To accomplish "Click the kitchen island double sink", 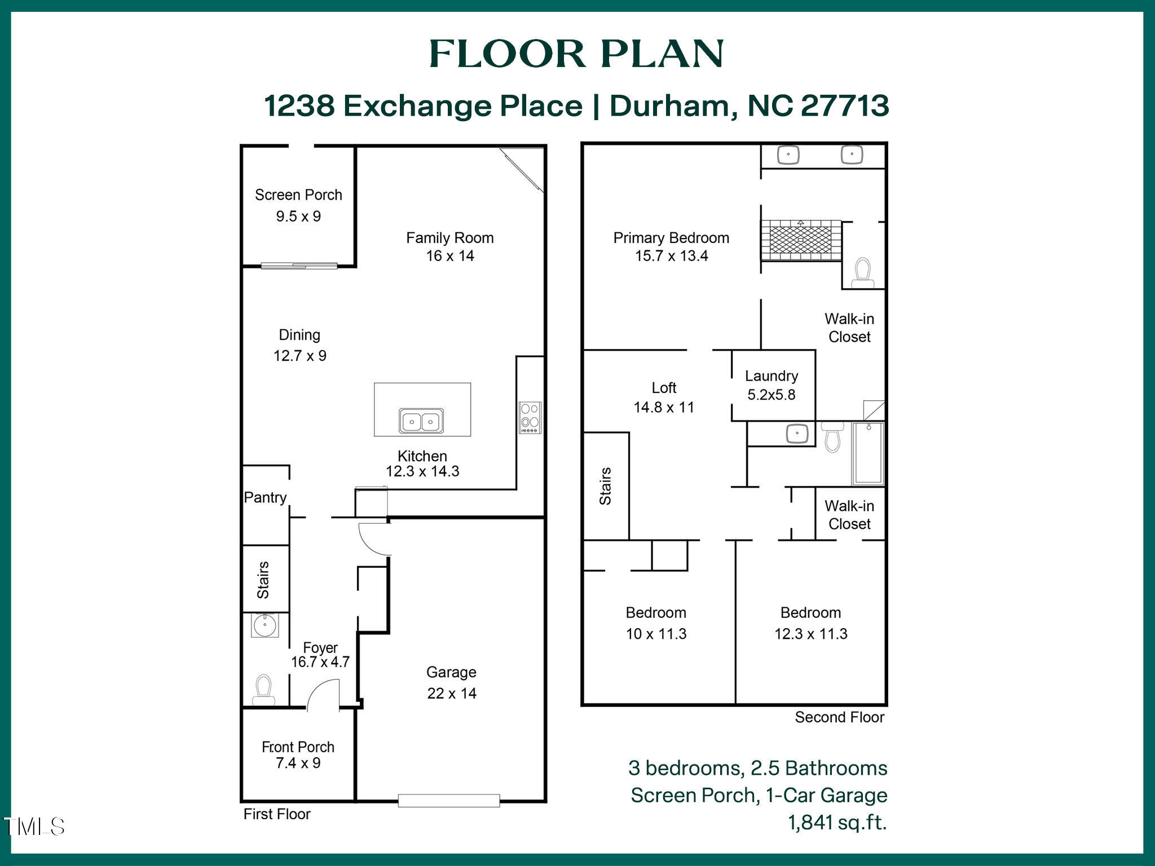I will pos(421,421).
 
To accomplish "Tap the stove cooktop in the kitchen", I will pos(530,418).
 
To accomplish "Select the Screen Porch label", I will pos(298,195).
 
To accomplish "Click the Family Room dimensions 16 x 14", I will pos(449,256).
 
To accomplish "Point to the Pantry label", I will pos(265,497).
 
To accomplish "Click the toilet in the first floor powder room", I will pos(263,689).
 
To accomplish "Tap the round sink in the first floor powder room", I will pos(264,625).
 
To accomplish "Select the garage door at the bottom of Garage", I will pos(449,800).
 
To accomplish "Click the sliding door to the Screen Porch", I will pos(299,266).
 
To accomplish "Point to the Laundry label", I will pos(772,376).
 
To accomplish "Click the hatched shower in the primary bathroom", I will pos(800,240).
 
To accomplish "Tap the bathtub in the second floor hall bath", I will pos(868,454).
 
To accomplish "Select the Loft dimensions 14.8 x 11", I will pos(664,407).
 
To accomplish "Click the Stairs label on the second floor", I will pos(605,486).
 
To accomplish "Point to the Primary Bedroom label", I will pos(671,238).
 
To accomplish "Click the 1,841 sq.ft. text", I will pos(837,823).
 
